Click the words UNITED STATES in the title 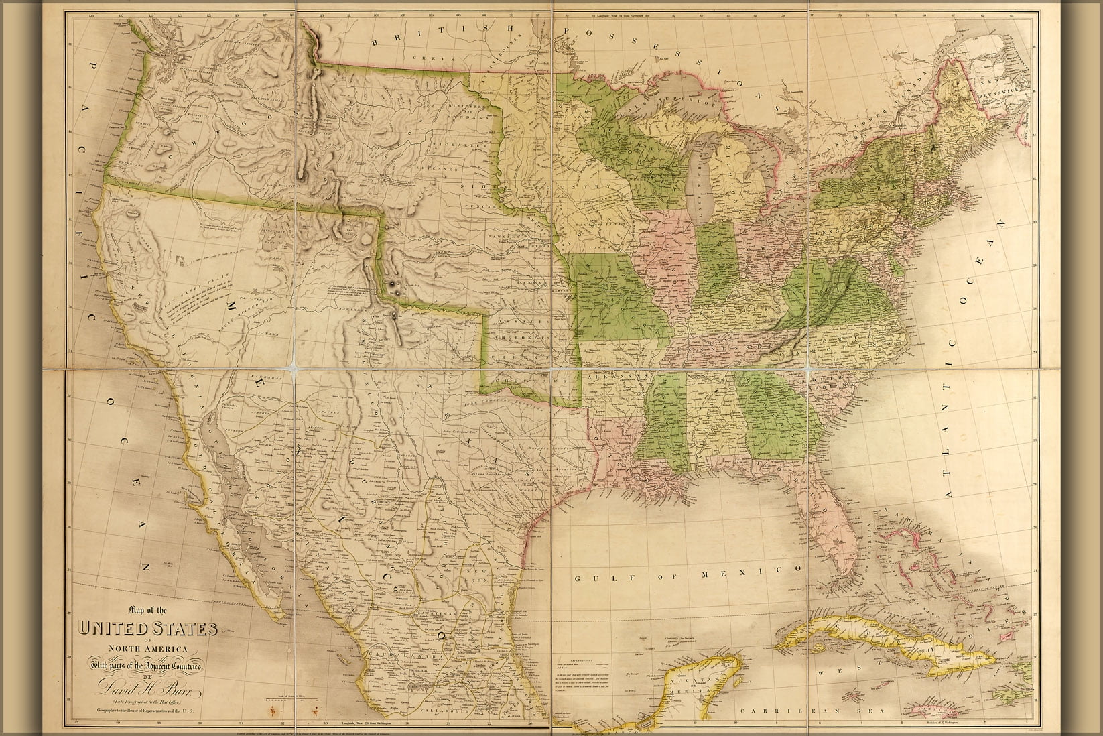pos(148,629)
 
